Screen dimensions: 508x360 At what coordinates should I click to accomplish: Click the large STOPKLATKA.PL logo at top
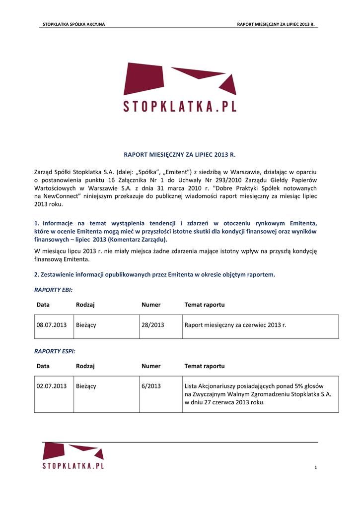[180, 87]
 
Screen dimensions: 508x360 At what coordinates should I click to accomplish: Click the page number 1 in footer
[315, 468]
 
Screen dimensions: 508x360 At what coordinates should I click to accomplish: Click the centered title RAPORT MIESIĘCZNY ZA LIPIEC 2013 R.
[180, 155]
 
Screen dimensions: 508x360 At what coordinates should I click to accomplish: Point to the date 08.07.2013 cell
[52, 325]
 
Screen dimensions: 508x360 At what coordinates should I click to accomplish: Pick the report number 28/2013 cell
[152, 325]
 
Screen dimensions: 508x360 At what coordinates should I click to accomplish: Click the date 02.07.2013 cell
[52, 386]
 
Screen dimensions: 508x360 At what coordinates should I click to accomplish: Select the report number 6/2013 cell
[151, 386]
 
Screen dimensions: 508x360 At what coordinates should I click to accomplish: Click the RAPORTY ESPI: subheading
[55, 351]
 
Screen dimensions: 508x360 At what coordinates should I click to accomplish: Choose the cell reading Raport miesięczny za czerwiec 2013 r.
[235, 325]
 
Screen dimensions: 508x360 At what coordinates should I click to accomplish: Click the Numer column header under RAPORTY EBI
[151, 305]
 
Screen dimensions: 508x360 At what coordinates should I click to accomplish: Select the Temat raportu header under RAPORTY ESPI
[205, 366]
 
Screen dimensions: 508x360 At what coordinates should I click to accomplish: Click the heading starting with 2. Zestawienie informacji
[154, 274]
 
